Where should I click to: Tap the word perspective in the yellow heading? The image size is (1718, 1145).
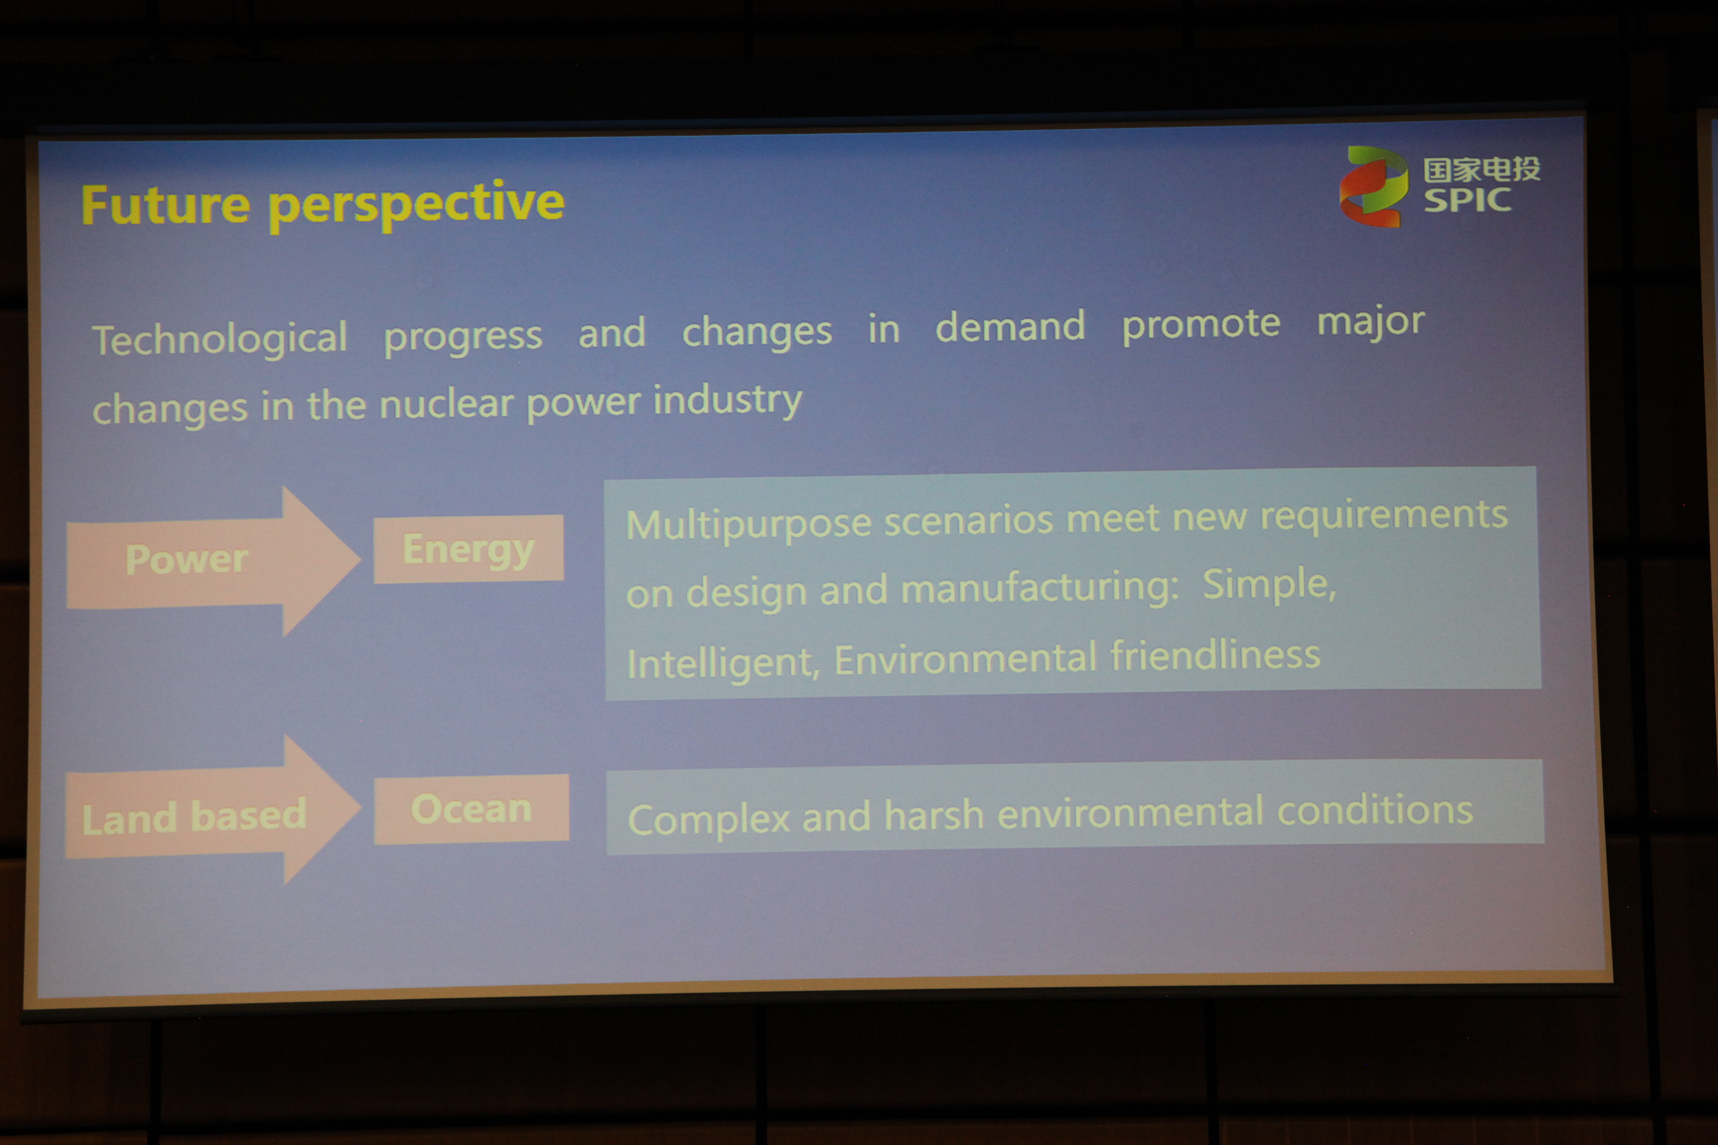point(416,205)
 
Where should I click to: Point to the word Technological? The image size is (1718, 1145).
point(219,339)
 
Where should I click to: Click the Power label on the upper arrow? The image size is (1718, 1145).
point(187,560)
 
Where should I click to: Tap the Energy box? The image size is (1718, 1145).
point(468,549)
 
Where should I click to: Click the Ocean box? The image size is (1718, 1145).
point(471,809)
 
